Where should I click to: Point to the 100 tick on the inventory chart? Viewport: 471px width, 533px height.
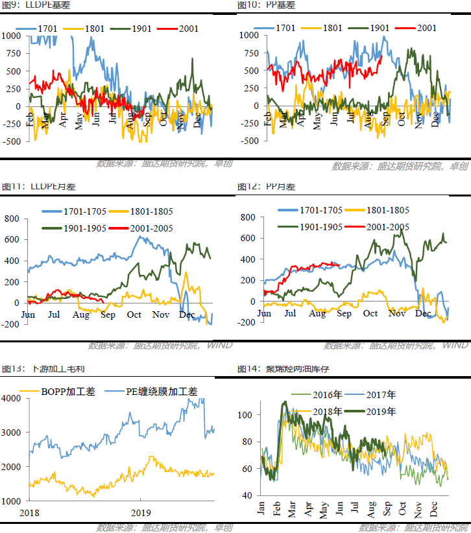(245, 414)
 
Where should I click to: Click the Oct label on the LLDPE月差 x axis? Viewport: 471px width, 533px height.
(134, 314)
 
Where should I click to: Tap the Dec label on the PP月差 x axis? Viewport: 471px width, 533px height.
(423, 314)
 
